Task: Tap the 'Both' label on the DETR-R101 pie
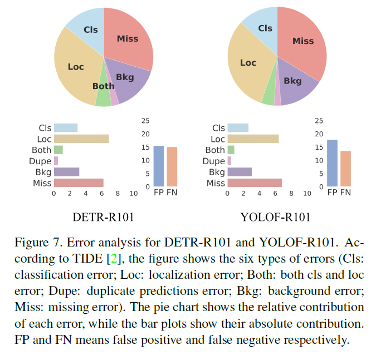coord(103,86)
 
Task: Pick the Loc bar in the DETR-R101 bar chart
coord(81,139)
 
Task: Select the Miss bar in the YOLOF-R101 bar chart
coord(255,183)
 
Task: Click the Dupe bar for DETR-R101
coord(56,161)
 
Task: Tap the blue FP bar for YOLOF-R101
coord(333,162)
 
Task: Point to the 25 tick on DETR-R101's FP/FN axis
coord(145,121)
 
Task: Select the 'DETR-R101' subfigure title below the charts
coord(103,217)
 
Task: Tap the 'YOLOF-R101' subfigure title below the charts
coord(275,217)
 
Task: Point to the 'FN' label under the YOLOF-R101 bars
coord(346,193)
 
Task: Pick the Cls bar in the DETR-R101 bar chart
coord(66,128)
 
